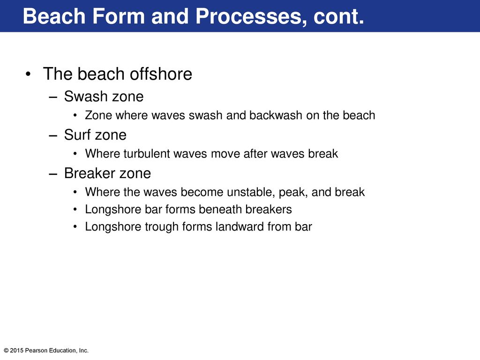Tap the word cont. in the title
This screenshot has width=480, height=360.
338,16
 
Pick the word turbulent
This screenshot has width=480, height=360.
147,154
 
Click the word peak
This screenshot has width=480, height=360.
293,193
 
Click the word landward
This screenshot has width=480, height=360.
240,227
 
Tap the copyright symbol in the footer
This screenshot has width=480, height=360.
6,351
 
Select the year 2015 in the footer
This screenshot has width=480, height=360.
16,351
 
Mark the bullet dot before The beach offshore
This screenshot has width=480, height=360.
28,75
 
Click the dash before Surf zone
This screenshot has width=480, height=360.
53,135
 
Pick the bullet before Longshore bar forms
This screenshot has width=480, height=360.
75,210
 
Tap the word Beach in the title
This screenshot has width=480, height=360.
54,16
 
